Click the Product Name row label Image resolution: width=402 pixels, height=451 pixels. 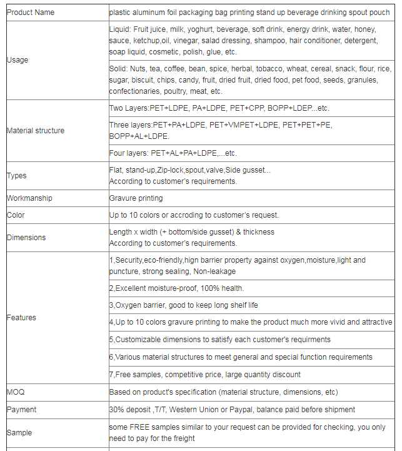(30, 12)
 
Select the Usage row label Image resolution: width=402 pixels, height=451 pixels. (18, 60)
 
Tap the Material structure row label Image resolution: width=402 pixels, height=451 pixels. (35, 131)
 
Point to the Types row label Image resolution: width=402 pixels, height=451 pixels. (16, 176)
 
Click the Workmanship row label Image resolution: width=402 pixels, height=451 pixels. (29, 198)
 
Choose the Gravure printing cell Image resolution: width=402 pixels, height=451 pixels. (136, 198)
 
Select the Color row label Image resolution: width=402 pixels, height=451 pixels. (16, 215)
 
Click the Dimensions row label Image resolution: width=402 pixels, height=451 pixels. (26, 238)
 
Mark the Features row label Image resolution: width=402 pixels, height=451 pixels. (21, 318)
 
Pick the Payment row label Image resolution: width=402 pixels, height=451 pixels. (21, 410)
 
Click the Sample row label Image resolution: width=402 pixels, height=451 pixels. (19, 433)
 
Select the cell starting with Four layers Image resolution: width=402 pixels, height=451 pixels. (173, 153)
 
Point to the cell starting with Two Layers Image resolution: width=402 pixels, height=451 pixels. (219, 108)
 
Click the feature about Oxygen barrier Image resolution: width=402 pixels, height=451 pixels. (183, 305)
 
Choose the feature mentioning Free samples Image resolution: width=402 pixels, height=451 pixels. (204, 375)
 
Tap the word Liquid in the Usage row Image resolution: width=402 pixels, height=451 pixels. (120, 29)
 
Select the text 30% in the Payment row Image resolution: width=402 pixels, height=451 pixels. (116, 410)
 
